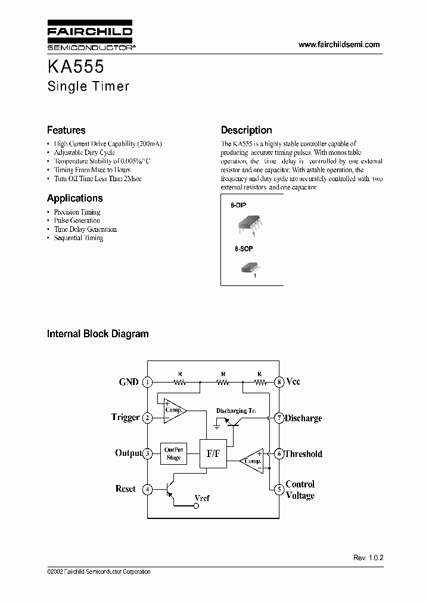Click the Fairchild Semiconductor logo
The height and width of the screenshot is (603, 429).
[89, 36]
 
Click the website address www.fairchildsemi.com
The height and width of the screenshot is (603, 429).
[338, 45]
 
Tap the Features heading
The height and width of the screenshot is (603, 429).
[66, 130]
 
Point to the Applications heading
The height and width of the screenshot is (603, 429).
[74, 198]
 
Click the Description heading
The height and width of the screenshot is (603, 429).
[246, 130]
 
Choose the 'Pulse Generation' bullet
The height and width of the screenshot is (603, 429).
[77, 220]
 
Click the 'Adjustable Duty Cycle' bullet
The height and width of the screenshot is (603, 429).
[85, 153]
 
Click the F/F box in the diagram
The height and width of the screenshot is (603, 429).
[213, 453]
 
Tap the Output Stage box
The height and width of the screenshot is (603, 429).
[173, 454]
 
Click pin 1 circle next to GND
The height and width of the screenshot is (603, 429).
[148, 382]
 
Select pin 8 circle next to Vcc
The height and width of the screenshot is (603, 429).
[278, 382]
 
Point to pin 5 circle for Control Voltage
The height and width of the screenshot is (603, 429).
[278, 490]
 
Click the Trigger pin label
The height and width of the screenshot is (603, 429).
[125, 417]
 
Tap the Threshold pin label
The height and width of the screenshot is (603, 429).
[303, 454]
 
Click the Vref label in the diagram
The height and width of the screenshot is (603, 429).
[202, 498]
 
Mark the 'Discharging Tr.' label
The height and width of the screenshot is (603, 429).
[237, 411]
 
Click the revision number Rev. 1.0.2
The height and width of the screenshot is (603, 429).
[368, 558]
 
